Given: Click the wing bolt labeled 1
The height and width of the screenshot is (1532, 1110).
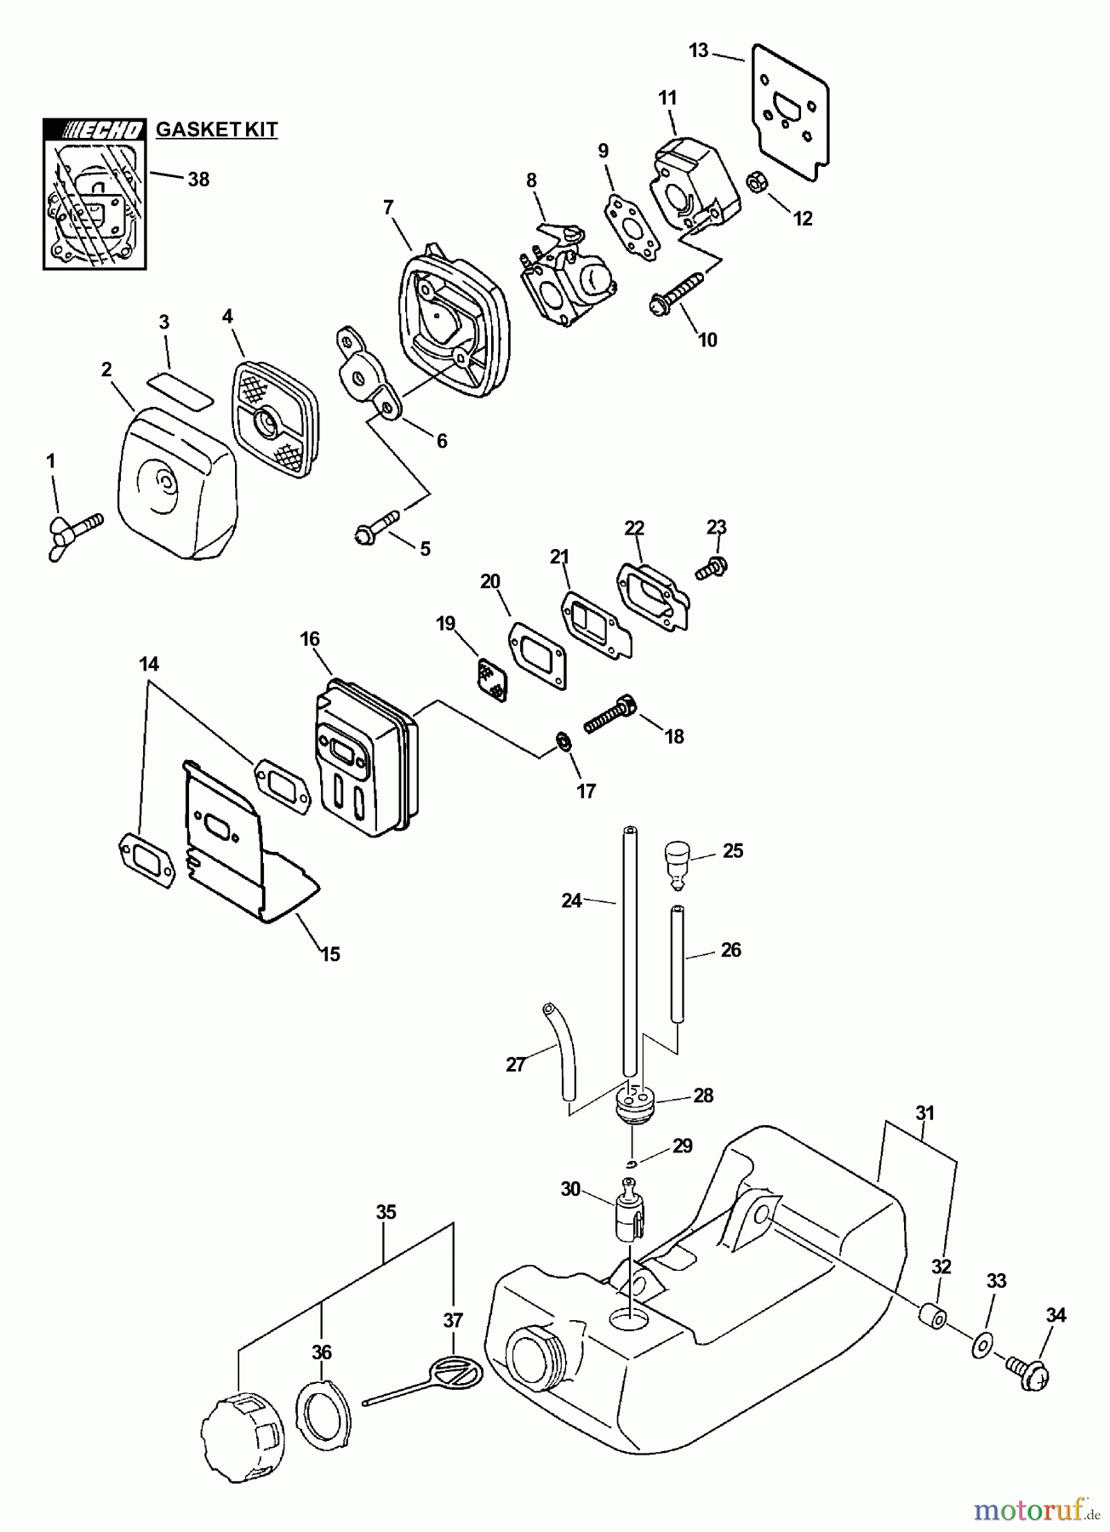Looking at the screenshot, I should click(75, 534).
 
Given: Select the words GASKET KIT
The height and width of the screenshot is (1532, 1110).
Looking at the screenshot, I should click(216, 129).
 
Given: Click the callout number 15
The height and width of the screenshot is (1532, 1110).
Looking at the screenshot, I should click(329, 954).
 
